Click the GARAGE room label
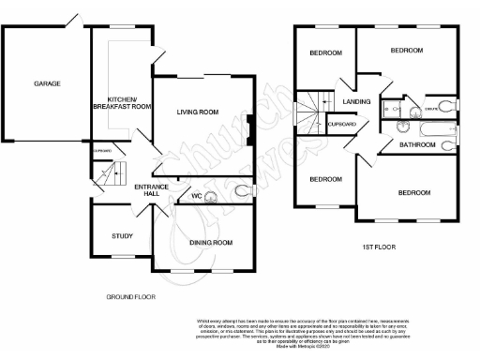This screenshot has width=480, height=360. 47,84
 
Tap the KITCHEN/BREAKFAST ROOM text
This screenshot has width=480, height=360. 128,103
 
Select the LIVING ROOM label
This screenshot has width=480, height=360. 197,112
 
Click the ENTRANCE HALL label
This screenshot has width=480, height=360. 151,191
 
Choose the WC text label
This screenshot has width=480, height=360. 197,196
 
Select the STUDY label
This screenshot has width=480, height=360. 122,235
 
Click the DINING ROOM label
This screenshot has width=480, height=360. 210,243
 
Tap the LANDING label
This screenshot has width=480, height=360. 356,101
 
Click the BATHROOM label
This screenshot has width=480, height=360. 417,145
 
